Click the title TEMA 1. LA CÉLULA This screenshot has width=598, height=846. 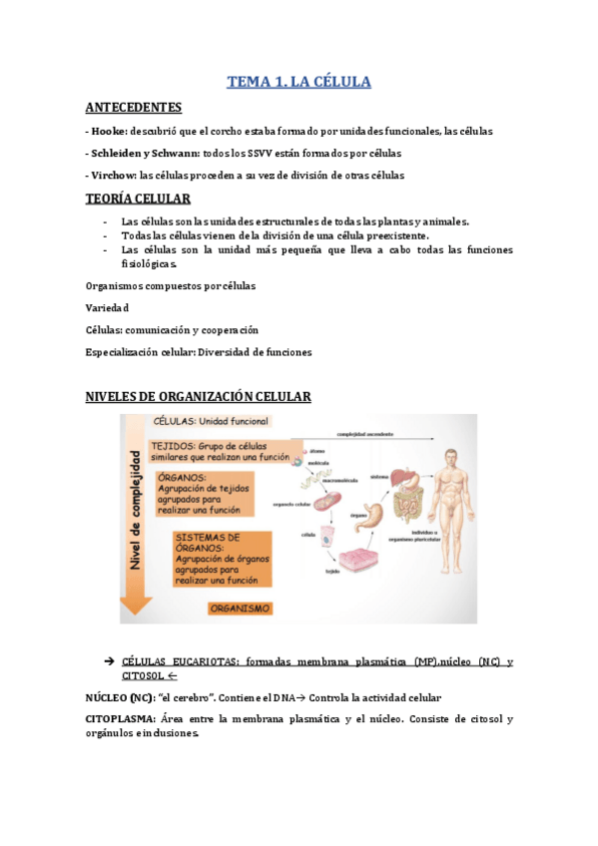point(299,82)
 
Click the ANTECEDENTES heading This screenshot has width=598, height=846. point(134,107)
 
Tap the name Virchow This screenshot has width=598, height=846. point(112,176)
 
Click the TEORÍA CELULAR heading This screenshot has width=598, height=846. point(139,199)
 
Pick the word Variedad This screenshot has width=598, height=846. point(107,308)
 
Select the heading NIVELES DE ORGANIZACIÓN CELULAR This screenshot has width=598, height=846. point(199,397)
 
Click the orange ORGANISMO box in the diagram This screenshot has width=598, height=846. point(241,607)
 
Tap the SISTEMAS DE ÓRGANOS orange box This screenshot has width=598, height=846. point(219,558)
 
